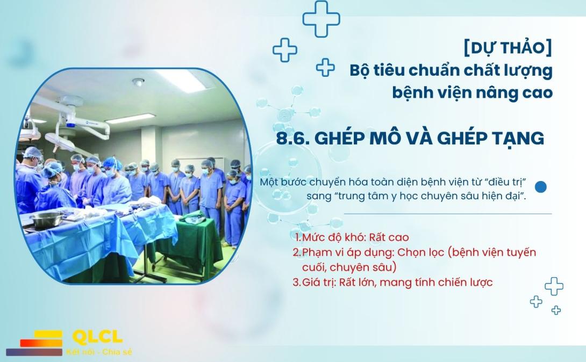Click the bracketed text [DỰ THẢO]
tap(508, 48)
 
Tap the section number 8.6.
tap(292, 138)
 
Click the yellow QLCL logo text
tap(97, 337)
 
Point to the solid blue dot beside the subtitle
tap(540, 186)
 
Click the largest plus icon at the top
tap(321, 19)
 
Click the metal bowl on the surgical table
tap(46, 220)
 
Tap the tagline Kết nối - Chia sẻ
tap(99, 352)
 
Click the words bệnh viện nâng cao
tap(473, 92)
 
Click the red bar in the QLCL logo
tap(41, 343)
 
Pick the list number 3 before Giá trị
tap(296, 283)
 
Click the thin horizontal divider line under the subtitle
tap(448, 214)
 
